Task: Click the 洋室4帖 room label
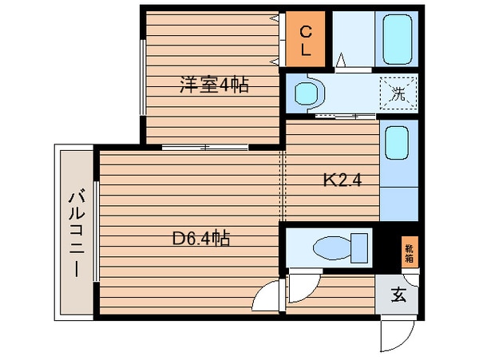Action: tap(214, 85)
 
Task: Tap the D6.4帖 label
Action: tap(201, 238)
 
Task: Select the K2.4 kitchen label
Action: tap(342, 180)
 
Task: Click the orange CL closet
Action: tap(305, 39)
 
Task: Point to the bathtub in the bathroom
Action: tap(397, 39)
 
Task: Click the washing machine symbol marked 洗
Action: tap(398, 93)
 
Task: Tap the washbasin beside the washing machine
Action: tap(307, 93)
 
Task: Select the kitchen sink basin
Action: tap(397, 143)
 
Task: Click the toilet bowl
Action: tap(331, 248)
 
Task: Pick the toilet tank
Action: tap(359, 248)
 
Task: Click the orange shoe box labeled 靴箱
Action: tap(410, 252)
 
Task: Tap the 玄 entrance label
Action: tap(398, 295)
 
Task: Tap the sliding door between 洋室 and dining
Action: tap(204, 148)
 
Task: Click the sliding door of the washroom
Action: tap(345, 116)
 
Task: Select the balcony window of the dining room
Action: tap(97, 231)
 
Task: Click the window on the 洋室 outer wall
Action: tap(143, 77)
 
